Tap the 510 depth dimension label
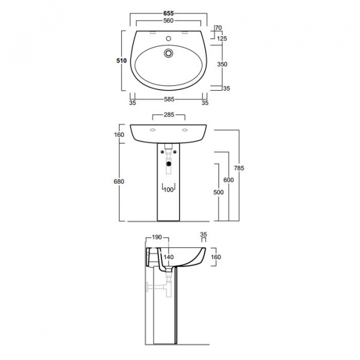pos(121,60)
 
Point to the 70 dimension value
pos(218,28)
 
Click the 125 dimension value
pos(222,38)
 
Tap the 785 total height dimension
pos(239,168)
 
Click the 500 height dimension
pos(218,192)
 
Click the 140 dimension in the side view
pos(170,257)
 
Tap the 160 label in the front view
pos(119,135)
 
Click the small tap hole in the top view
pos(169,38)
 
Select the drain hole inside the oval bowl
pos(169,54)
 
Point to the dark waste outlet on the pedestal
pos(169,160)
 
